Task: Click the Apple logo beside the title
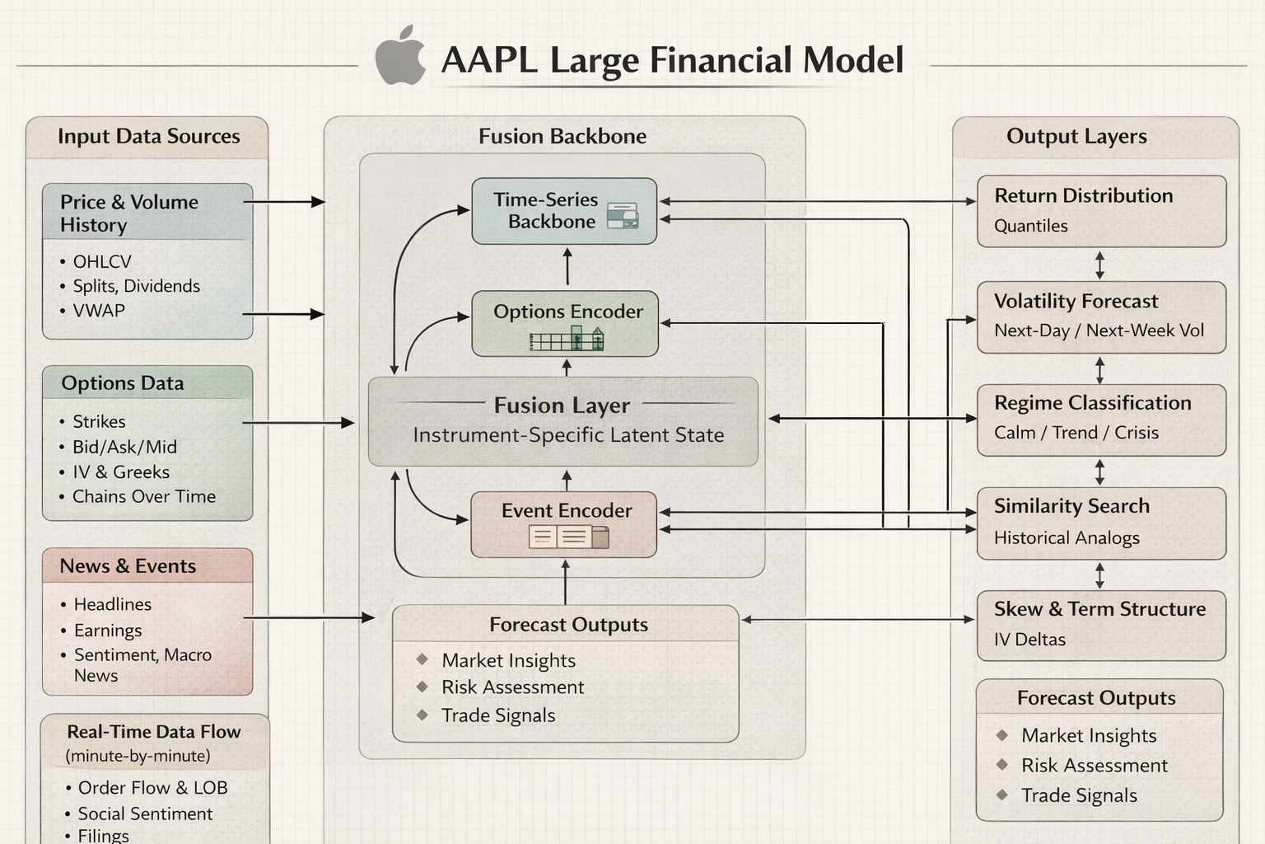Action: (401, 57)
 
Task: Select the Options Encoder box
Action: (564, 323)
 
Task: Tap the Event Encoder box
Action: (563, 524)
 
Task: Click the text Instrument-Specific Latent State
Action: (568, 435)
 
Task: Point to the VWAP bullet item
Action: (98, 311)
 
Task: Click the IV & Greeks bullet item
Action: (120, 472)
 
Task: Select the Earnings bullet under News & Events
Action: (107, 631)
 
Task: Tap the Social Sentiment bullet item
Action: (145, 814)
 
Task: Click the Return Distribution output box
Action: (1101, 211)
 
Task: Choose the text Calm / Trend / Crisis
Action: (1076, 433)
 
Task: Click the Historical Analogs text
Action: (1067, 538)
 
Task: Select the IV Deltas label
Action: (1029, 640)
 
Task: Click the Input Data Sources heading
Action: (148, 136)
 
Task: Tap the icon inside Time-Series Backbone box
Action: (623, 216)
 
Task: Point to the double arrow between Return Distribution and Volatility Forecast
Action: (1099, 265)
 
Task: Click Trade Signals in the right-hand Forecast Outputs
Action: (1079, 795)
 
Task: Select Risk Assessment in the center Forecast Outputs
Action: (512, 687)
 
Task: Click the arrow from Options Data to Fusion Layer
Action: (298, 423)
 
